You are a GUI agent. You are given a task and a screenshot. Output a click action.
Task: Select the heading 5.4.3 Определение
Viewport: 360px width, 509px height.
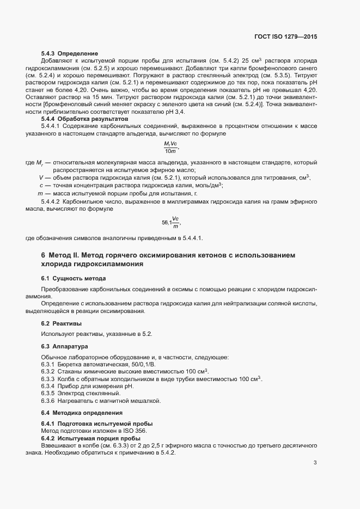pos(69,53)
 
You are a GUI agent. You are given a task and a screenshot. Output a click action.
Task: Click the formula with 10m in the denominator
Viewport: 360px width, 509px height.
pos(171,147)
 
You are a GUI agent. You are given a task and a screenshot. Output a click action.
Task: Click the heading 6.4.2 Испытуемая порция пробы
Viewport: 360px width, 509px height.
pos(91,438)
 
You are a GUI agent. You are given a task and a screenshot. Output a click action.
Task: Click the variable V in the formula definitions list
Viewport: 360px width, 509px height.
pos(41,177)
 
